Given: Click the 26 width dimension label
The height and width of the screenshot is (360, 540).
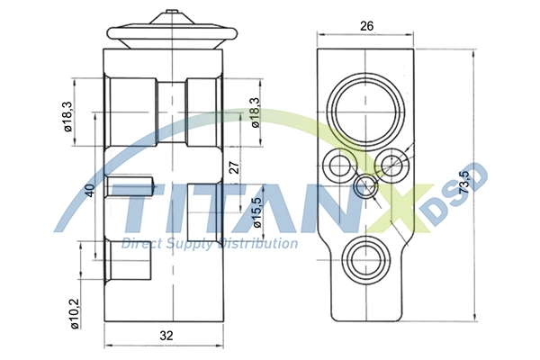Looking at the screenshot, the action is pyautogui.click(x=367, y=25).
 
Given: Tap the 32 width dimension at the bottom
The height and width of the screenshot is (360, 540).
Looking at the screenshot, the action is pyautogui.click(x=166, y=335).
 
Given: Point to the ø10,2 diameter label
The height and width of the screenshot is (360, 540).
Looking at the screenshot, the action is pyautogui.click(x=75, y=313).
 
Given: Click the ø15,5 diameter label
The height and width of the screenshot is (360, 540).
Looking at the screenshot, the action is pyautogui.click(x=257, y=212).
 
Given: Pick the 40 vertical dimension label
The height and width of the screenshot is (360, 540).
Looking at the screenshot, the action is pyautogui.click(x=89, y=191).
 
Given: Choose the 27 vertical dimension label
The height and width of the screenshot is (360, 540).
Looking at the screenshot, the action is pyautogui.click(x=234, y=167).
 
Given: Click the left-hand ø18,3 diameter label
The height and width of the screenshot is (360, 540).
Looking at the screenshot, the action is pyautogui.click(x=67, y=116).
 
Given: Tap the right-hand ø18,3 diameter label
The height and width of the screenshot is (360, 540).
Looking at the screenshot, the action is pyautogui.click(x=256, y=112).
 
